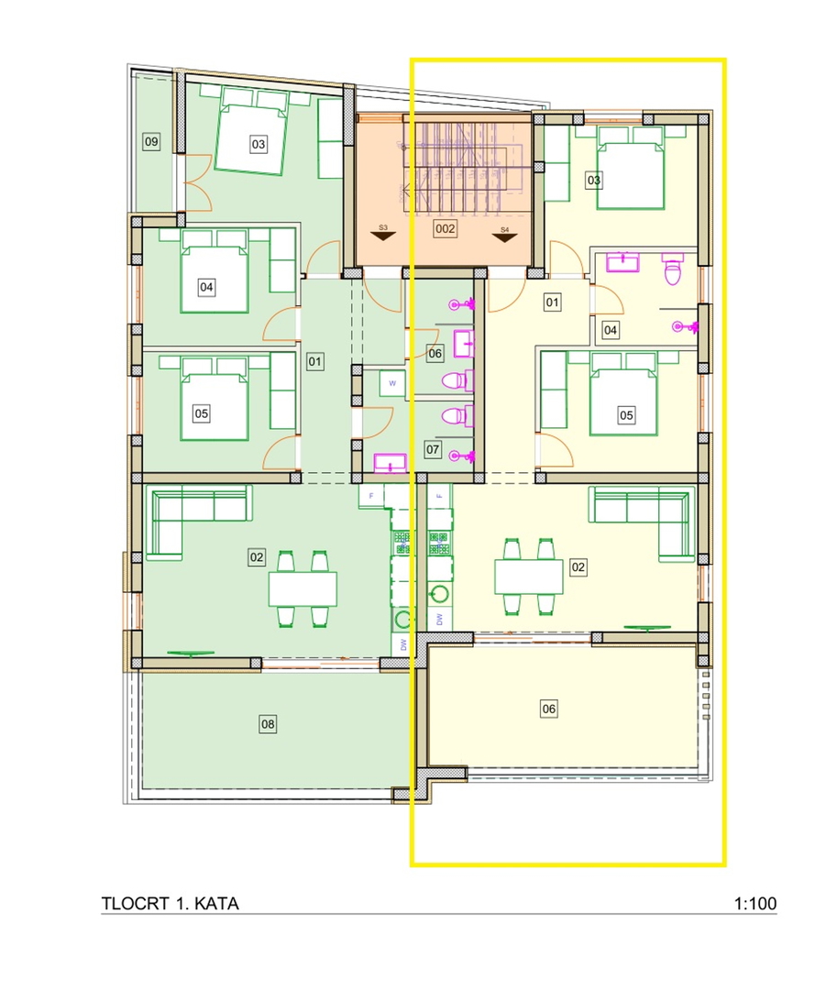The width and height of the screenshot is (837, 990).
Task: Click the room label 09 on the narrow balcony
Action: point(151,141)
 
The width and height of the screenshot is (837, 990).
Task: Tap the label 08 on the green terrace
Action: point(268,724)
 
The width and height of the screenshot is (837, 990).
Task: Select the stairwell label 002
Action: point(445,228)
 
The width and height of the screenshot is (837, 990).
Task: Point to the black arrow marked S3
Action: point(383,236)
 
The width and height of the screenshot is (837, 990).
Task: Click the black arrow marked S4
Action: point(504,237)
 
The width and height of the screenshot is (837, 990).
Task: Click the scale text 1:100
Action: point(754,904)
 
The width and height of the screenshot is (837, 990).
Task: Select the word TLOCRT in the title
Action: point(135,904)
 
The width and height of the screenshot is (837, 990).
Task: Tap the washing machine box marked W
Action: point(392,383)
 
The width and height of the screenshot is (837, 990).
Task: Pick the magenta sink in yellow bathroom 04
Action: point(622,261)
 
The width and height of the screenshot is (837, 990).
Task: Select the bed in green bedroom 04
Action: point(215,279)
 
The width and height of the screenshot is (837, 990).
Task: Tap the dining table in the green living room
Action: point(303,589)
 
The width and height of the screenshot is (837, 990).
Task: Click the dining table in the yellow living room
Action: point(529,577)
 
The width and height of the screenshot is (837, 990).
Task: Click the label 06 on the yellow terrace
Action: point(549,709)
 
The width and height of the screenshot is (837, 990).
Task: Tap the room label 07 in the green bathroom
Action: point(433,449)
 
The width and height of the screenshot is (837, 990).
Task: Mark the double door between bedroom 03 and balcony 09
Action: point(197,183)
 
